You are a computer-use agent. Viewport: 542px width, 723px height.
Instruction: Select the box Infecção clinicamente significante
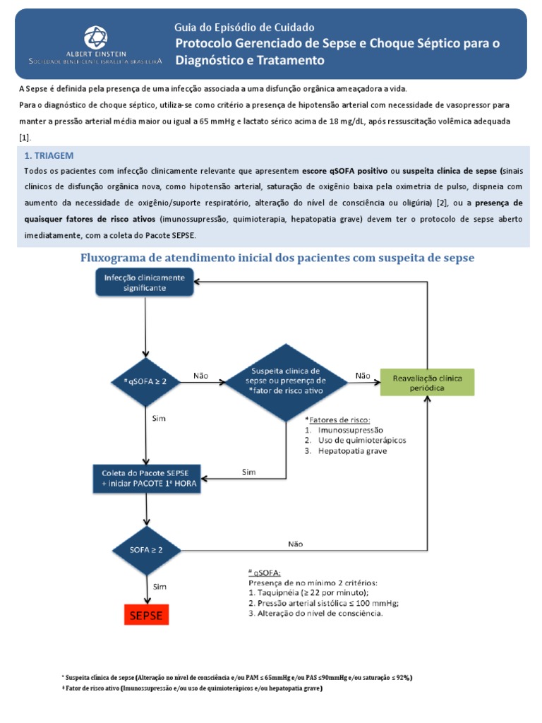(145, 283)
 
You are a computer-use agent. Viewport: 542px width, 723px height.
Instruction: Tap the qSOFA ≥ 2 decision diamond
(145, 382)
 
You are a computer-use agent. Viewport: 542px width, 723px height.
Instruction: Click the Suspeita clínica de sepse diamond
(286, 382)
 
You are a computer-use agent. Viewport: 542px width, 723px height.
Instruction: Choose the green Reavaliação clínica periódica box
(428, 382)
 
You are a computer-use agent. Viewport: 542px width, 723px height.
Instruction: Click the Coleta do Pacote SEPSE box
(145, 478)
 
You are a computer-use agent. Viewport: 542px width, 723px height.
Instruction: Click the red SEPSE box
(145, 615)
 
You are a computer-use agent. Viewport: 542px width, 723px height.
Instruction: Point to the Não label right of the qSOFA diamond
(200, 376)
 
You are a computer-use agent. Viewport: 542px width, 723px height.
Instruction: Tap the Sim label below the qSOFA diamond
(159, 418)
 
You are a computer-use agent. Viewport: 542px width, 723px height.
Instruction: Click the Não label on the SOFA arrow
(295, 544)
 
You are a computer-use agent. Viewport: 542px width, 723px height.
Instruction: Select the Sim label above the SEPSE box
(159, 586)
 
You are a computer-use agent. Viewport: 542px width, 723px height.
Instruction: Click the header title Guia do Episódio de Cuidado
(245, 28)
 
